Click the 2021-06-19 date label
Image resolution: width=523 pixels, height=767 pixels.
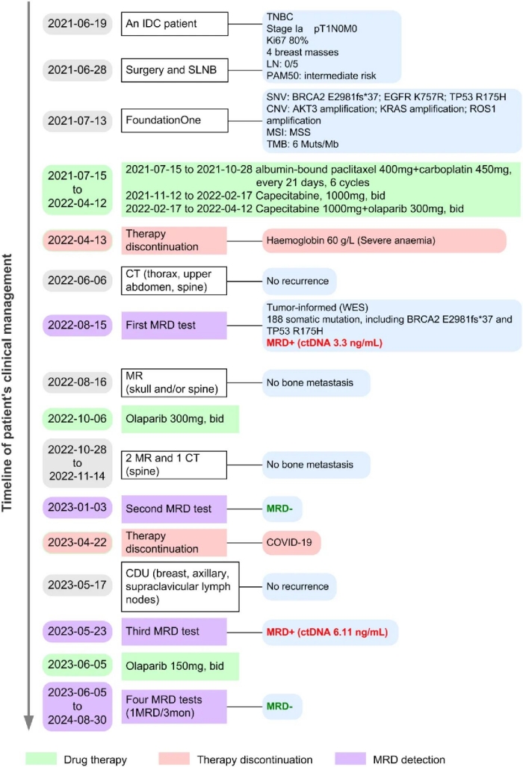point(77,24)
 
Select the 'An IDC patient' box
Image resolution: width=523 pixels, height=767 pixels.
point(175,24)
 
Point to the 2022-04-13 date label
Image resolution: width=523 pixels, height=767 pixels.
point(77,240)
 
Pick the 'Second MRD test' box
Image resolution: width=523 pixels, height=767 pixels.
point(175,509)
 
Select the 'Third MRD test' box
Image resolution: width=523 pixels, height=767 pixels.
point(175,631)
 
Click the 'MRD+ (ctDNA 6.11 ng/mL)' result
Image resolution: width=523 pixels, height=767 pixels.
point(327,632)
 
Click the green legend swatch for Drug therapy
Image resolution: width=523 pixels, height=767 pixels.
point(44,759)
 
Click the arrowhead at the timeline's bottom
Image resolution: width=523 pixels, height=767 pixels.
point(28,721)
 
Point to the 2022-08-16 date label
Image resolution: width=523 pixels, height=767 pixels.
point(77,383)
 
